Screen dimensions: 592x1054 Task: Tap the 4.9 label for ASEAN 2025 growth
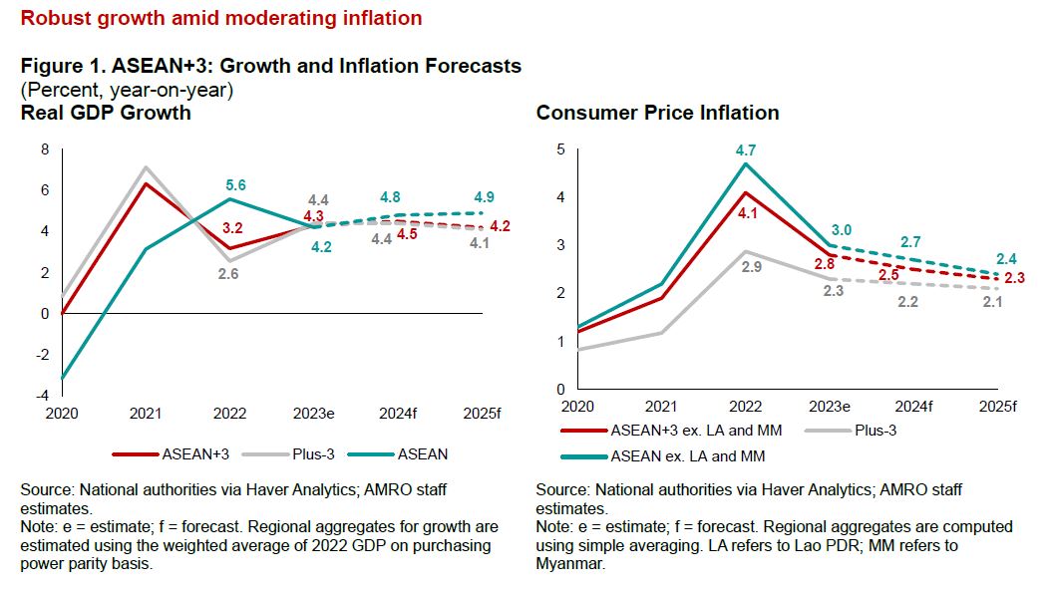coord(484,196)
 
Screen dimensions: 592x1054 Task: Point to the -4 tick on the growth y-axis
coord(44,396)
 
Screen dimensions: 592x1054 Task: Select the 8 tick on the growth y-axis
coord(44,149)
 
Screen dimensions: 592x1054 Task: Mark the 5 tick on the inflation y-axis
coord(560,149)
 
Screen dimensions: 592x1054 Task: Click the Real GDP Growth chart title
coord(106,113)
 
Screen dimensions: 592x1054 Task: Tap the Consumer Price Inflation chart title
coord(657,113)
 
